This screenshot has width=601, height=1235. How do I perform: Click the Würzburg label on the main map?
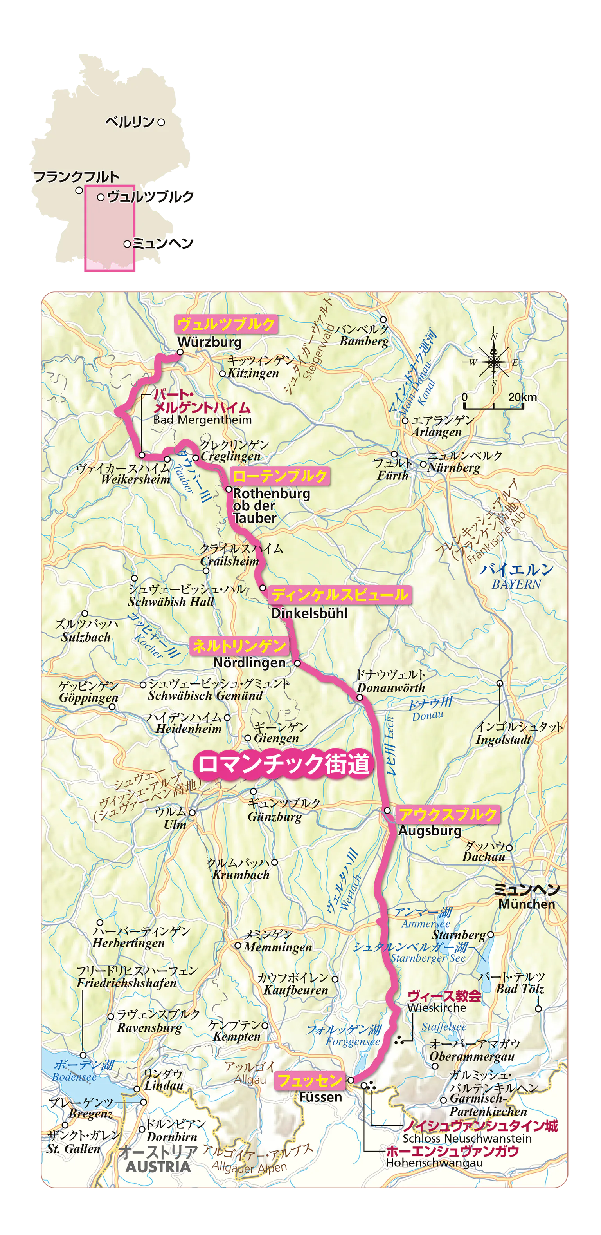(209, 342)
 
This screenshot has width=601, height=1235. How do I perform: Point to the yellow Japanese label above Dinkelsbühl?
(340, 595)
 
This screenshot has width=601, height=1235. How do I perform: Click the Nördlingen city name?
(250, 663)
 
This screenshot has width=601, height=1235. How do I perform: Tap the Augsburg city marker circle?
(387, 810)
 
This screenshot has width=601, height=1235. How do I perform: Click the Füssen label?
(320, 1097)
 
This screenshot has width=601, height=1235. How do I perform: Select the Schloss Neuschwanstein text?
(466, 1138)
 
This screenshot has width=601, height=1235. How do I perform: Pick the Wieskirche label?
(436, 1008)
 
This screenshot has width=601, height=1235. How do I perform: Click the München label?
(526, 904)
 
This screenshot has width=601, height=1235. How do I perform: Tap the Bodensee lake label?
(74, 1077)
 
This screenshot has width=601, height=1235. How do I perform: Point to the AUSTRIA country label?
(158, 1167)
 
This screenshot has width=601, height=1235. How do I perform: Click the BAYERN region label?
(516, 584)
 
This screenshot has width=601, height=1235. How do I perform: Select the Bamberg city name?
(364, 341)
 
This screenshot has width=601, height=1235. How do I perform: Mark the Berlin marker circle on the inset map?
(161, 122)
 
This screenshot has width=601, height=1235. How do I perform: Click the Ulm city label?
(175, 825)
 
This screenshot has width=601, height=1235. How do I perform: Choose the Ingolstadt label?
(503, 740)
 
